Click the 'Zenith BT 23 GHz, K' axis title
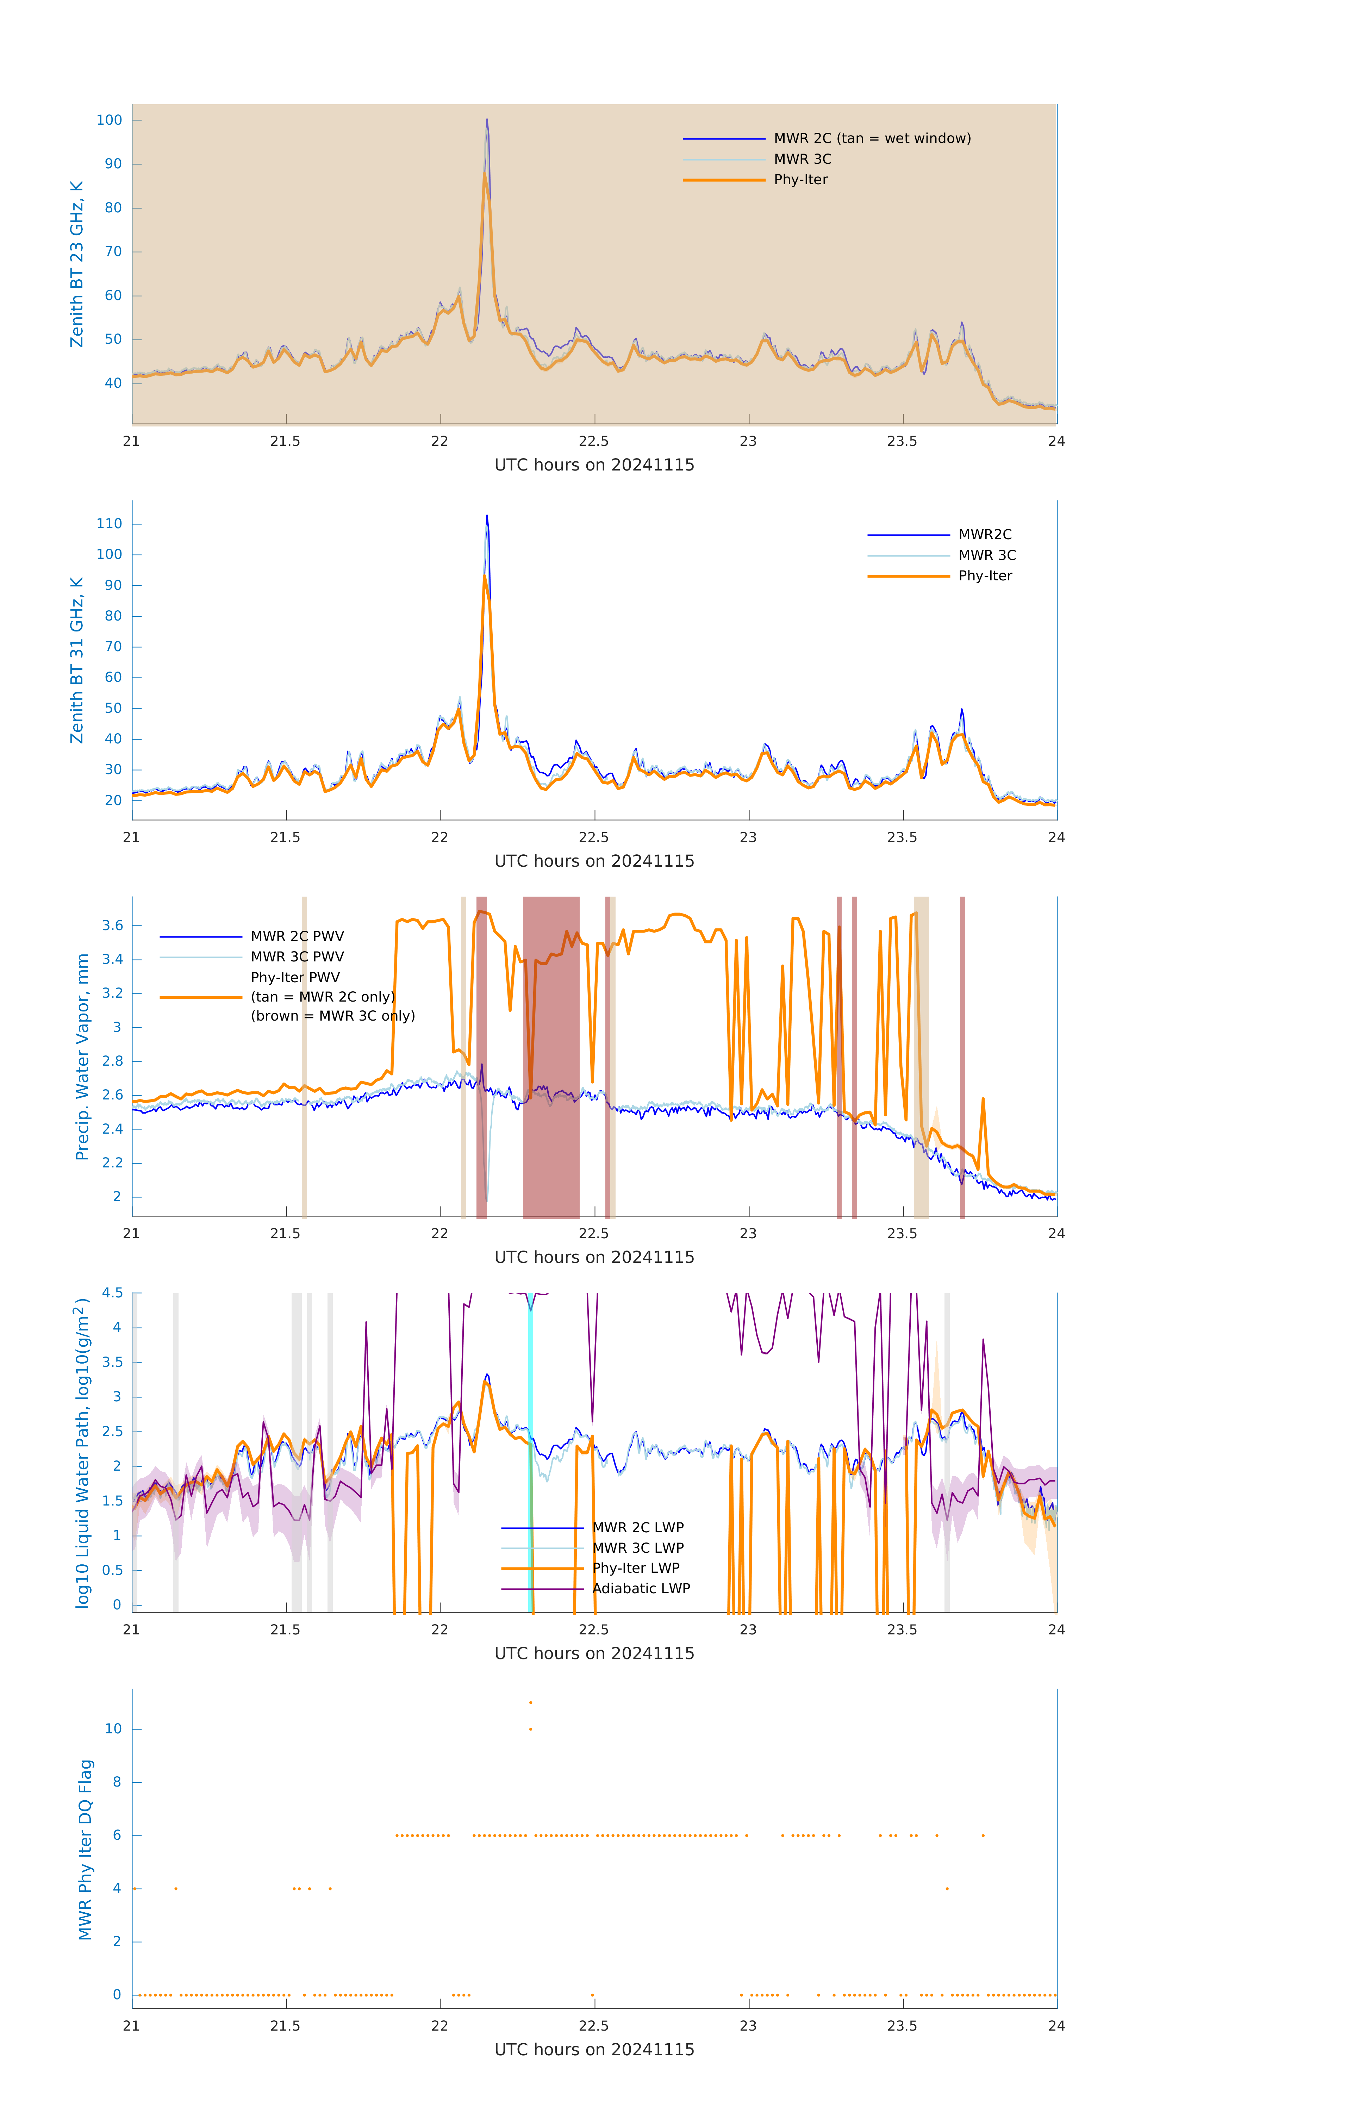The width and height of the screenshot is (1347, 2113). coord(77,264)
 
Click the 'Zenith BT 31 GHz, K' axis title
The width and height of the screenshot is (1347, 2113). coord(77,660)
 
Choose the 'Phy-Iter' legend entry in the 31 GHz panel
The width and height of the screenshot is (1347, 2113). coord(985,576)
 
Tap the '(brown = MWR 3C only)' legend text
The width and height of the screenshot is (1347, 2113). coord(332,1016)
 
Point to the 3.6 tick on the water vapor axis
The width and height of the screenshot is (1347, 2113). coord(112,926)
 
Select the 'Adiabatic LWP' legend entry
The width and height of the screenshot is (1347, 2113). coord(641,1588)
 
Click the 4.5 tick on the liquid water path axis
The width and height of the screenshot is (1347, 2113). coord(112,1292)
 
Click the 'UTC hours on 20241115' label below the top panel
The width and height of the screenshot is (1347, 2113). coord(594,465)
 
